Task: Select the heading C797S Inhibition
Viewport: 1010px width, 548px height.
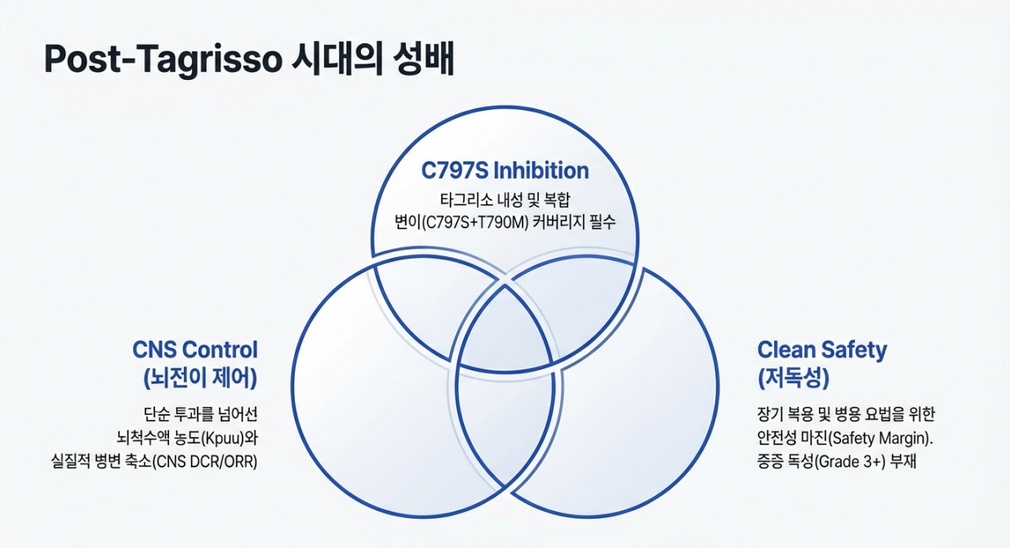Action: coord(505,170)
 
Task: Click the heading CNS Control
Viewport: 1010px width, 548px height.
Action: coord(195,350)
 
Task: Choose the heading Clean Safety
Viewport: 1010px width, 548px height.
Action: coord(822,350)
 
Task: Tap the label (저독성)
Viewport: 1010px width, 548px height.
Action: coord(794,378)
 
